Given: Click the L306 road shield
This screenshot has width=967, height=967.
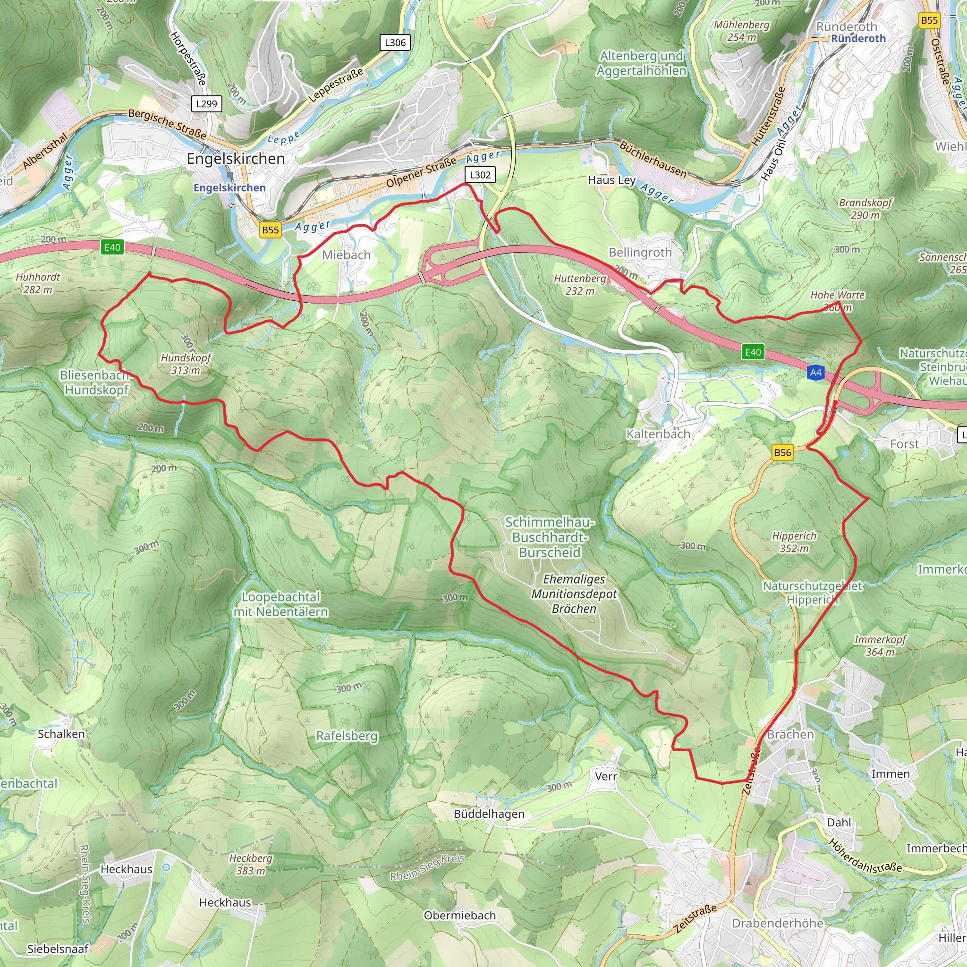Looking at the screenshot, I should (x=395, y=42).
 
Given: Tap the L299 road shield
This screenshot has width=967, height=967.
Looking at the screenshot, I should (x=206, y=103).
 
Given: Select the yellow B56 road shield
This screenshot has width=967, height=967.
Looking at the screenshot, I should (x=783, y=452).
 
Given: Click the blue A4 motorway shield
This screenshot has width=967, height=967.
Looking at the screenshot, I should (x=816, y=373).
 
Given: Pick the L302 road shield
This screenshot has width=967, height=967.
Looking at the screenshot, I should (x=480, y=175).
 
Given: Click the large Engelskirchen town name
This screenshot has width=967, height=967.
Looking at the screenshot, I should (x=236, y=159).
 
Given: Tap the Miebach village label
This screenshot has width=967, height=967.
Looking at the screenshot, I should (x=347, y=255).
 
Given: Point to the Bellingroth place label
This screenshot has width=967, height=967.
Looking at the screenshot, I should (x=640, y=252).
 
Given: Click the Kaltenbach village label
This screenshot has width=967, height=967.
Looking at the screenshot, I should (x=658, y=434).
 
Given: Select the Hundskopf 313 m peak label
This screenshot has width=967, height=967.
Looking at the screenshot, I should (x=186, y=364).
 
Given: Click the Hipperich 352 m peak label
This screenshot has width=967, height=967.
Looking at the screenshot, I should (x=794, y=542).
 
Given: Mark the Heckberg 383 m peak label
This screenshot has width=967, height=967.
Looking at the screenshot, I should (x=251, y=865).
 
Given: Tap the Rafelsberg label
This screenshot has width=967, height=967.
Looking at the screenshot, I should (x=347, y=736).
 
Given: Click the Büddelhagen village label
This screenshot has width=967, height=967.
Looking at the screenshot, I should (x=489, y=814).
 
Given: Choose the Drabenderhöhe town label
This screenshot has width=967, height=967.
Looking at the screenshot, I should (x=777, y=923).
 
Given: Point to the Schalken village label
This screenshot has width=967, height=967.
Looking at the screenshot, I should (x=61, y=734).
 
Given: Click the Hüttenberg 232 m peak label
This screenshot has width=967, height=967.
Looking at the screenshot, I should (x=580, y=284).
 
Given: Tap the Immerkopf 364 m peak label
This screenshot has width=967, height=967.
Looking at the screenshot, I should (x=880, y=645).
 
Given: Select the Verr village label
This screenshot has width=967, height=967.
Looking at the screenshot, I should (x=606, y=776).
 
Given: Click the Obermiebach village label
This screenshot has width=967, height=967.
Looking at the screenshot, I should (x=459, y=915).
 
